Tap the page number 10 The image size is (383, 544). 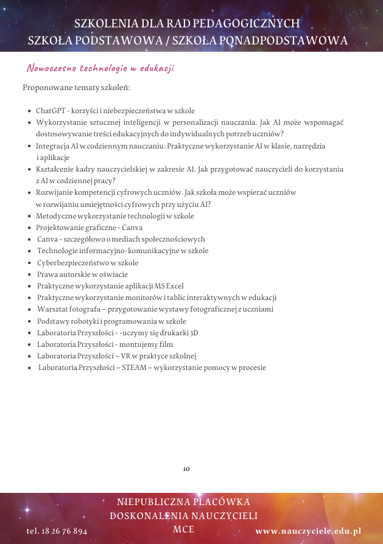186,469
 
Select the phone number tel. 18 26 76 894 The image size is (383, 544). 57,531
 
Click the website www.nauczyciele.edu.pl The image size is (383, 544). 308,531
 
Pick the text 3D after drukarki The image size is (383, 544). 194,333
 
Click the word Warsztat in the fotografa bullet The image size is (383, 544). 52,309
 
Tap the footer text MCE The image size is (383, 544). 183,529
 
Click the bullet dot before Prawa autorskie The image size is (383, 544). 30,275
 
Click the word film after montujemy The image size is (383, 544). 166,344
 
